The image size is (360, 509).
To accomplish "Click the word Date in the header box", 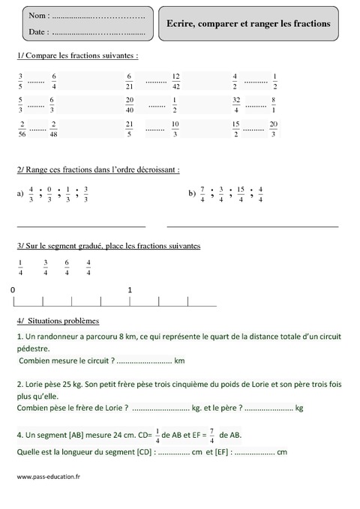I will (37, 32).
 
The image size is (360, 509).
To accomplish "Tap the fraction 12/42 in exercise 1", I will (175, 81).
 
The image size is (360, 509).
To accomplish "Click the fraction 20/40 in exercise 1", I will (130, 105).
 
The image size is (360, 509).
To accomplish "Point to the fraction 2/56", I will (22, 129).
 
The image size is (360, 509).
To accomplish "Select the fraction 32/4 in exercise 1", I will (236, 105).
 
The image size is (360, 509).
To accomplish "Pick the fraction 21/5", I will (130, 129).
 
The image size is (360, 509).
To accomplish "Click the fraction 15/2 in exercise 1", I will (236, 129).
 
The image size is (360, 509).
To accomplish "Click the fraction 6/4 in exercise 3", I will (67, 267).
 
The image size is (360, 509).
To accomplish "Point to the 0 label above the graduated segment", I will (13, 289).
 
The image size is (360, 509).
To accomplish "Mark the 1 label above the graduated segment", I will (130, 289).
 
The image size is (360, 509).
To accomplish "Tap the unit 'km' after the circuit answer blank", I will (179, 361).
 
